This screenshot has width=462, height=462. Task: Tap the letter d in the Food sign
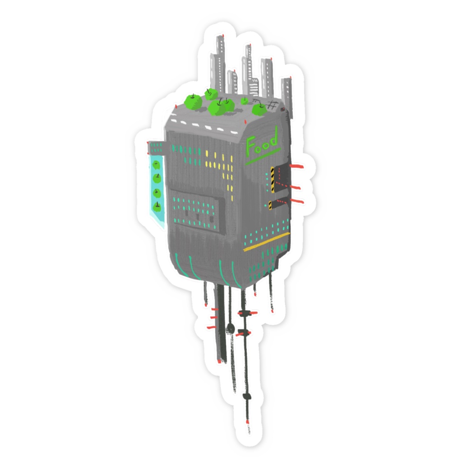tap(273, 138)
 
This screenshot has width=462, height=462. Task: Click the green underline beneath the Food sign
tap(263, 157)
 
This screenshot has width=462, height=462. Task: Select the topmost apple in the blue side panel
tap(156, 165)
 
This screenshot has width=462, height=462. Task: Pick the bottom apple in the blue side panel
tap(157, 207)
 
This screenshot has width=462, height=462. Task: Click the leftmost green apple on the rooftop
tap(193, 102)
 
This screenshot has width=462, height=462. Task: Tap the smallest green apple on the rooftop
tap(245, 101)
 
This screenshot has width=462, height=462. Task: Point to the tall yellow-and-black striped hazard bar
tap(273, 180)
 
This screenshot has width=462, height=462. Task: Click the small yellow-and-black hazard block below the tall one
tap(270, 205)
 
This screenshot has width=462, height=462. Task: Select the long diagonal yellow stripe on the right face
tap(267, 242)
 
